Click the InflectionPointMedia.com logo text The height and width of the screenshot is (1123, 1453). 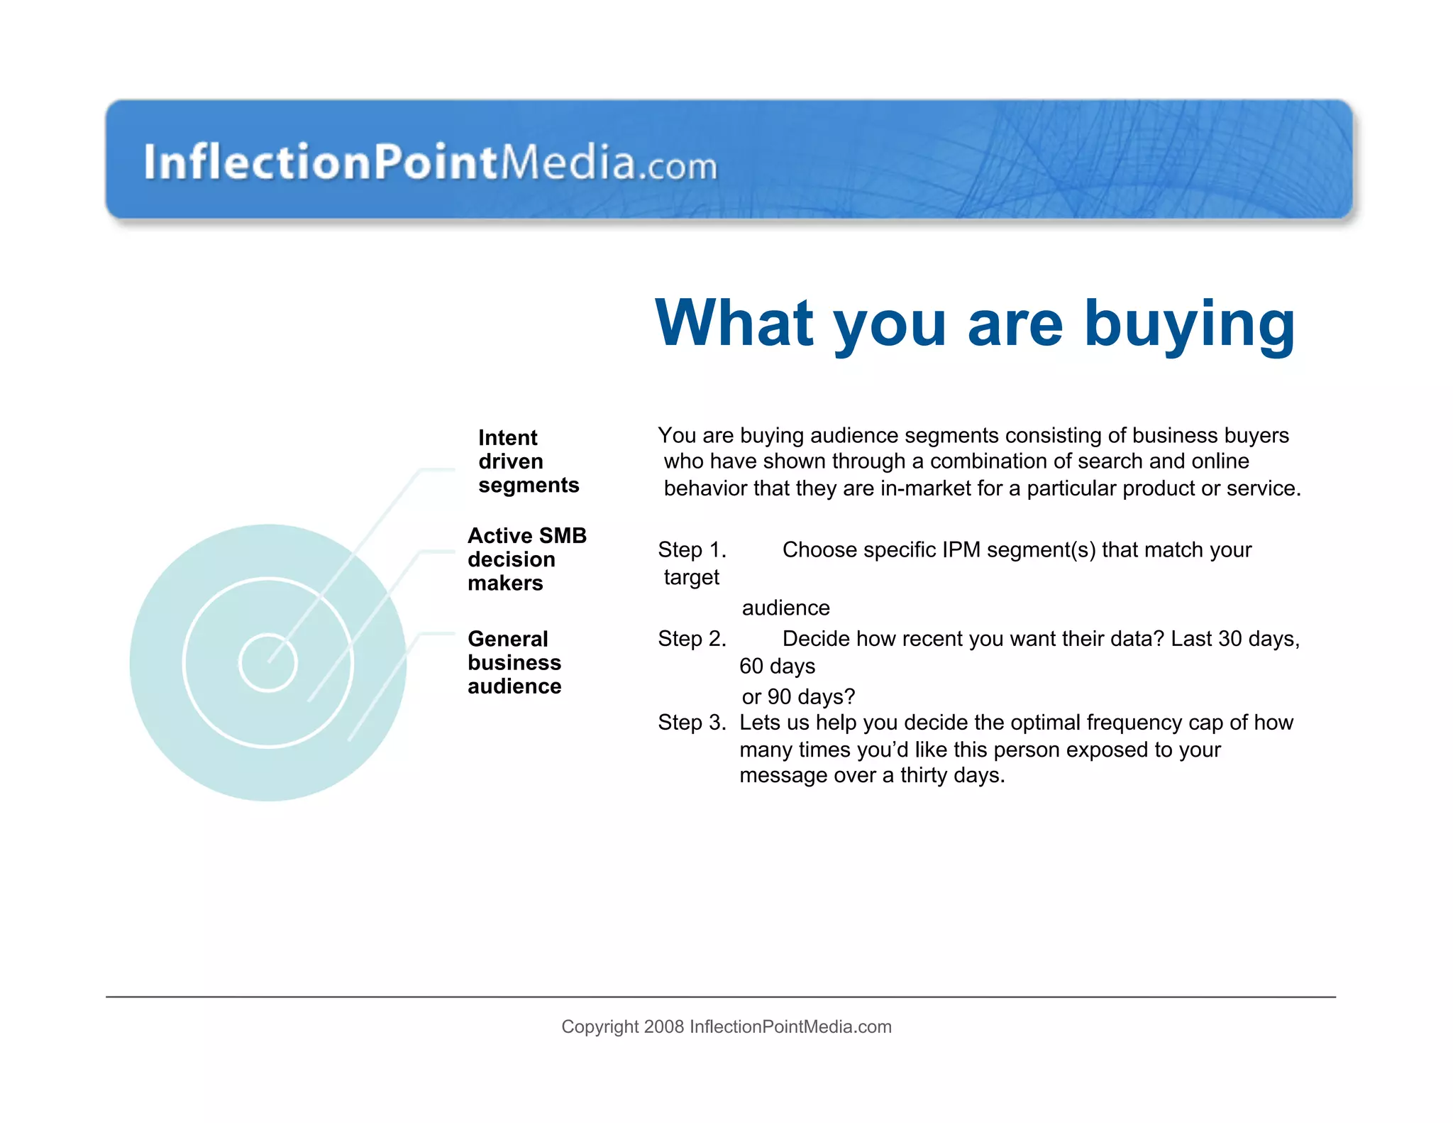[430, 162]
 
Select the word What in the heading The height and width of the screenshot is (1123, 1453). [734, 324]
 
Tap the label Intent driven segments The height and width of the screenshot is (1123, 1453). [528, 461]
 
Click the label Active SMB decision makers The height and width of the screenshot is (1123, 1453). [526, 559]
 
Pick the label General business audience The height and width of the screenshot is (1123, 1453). [514, 662]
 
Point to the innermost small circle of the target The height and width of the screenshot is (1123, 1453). [267, 662]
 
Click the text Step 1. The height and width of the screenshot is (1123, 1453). [692, 550]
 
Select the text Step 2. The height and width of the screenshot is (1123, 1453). [692, 639]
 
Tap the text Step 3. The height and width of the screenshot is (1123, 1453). [692, 723]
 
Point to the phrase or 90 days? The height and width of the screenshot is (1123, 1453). [798, 696]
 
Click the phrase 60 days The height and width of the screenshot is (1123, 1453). [777, 667]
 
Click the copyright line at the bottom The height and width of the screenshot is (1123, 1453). [726, 1026]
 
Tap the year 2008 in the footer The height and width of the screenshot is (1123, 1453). [663, 1026]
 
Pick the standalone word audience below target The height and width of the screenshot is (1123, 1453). [785, 608]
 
